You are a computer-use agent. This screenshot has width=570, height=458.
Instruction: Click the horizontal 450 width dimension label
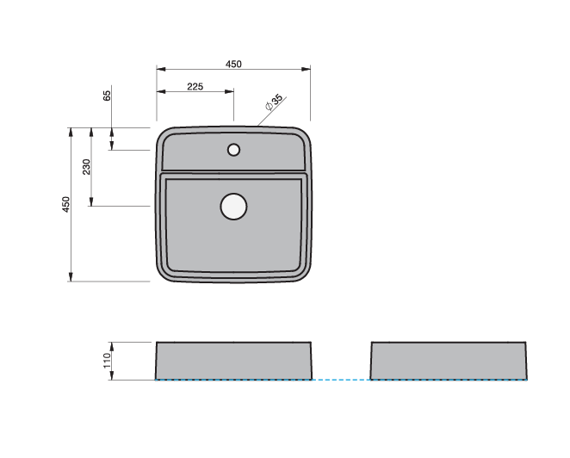coord(233,64)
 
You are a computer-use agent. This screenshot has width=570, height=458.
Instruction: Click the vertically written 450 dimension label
coord(65,205)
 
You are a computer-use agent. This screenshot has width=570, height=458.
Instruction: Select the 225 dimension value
coord(195,87)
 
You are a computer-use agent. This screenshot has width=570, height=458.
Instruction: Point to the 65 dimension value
coord(108,95)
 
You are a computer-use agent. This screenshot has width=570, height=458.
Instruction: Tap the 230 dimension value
coord(86,166)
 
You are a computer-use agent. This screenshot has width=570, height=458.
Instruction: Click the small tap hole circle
coord(233,150)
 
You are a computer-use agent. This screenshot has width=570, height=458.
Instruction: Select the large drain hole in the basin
coord(233,207)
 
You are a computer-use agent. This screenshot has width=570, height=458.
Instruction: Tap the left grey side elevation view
coord(233,361)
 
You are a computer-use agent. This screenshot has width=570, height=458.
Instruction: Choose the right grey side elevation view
coord(449,361)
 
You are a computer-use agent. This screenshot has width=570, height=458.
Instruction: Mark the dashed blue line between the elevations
coord(341,380)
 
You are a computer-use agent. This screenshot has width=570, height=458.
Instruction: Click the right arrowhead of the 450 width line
coord(307,70)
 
